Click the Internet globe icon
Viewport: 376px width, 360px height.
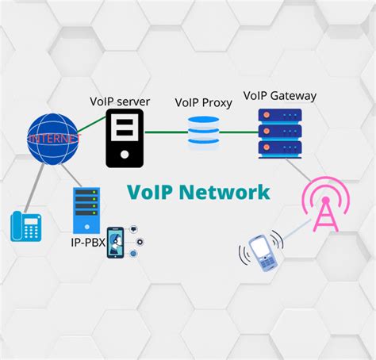53,139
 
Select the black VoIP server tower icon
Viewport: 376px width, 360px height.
125,138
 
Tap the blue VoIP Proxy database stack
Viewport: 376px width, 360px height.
204,133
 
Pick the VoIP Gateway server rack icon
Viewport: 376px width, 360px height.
280,132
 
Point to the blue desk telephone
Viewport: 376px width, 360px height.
25,226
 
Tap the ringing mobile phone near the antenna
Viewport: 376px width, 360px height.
261,251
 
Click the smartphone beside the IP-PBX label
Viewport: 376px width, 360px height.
116,242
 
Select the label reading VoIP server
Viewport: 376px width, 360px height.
120,100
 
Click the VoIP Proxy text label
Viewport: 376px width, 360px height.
203,102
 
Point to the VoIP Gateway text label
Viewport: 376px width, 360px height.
280,96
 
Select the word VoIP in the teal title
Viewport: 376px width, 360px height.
155,193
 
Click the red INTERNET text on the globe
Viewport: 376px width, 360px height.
53,139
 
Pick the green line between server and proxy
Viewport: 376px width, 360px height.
165,133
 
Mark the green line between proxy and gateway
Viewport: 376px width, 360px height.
239,132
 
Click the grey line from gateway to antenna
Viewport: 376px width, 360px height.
299,170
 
